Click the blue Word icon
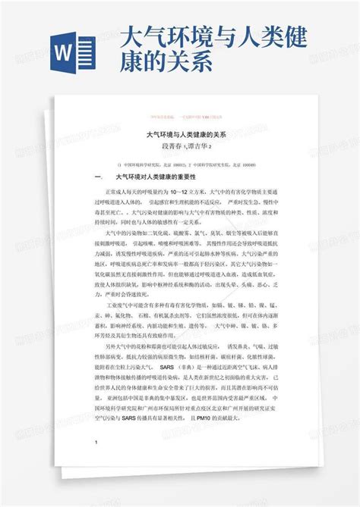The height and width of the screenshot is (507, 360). point(73,57)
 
